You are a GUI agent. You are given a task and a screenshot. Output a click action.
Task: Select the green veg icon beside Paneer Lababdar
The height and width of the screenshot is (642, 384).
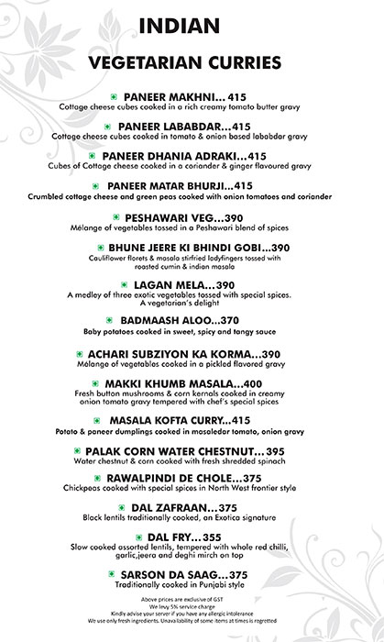pos(108,125)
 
